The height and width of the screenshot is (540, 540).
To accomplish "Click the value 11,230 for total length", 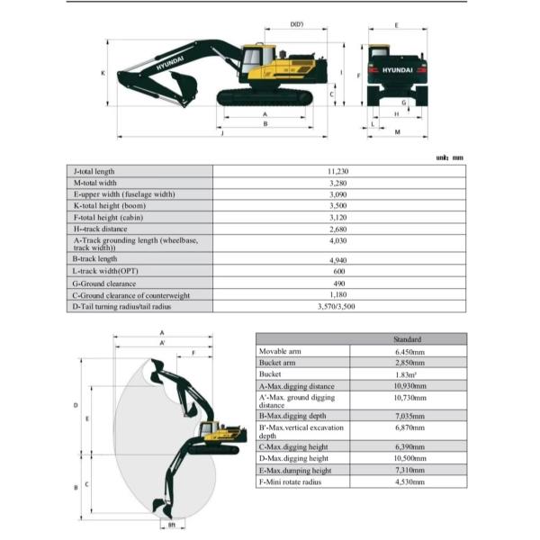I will (337, 171).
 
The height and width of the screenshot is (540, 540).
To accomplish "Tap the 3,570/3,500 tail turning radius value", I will (337, 307).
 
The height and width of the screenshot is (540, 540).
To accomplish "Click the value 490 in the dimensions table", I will (337, 283).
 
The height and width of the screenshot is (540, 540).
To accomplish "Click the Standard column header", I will (407, 338).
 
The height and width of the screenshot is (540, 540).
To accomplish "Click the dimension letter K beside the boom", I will (103, 73).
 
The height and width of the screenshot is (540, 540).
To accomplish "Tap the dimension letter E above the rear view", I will (397, 26).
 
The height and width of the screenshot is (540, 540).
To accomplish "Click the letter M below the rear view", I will (397, 132).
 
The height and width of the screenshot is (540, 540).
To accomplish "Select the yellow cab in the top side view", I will (253, 62).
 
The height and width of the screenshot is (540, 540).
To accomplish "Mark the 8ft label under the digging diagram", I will (170, 524).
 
